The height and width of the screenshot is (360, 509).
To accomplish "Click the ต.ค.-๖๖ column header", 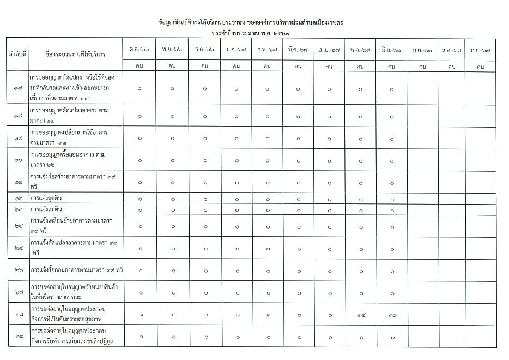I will pos(140,50).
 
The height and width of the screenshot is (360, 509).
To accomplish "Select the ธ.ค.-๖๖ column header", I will pos(204,50).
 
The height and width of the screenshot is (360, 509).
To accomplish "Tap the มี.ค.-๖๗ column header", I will pos(298,50).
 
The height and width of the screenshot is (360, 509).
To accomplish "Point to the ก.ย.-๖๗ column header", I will pos(480,50).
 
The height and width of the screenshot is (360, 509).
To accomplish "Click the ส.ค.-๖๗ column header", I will pos(451,50).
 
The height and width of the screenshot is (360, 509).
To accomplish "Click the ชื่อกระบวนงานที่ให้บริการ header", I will pos(76,54).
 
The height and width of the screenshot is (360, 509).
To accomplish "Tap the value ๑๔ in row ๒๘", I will pos(360,315).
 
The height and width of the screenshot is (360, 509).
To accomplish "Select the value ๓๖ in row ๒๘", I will pos(391,315).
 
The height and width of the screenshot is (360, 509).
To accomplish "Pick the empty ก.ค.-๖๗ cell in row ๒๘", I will pos(422,315).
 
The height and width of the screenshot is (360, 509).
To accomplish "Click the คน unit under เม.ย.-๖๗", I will pos(329,67).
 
